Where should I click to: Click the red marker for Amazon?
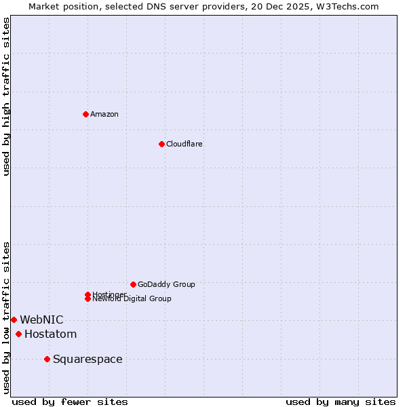pos(85,114)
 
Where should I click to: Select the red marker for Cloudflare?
pos(161,144)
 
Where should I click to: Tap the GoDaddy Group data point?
pos(133,284)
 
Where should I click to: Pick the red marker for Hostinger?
pos(88,294)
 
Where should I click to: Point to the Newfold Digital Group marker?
pos(88,298)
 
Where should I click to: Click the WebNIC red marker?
pos(14,319)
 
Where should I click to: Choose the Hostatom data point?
pos(18,334)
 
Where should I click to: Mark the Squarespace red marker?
pos(47,359)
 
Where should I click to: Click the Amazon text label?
pos(104,114)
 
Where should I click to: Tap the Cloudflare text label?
pos(184,144)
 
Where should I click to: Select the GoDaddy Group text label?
pos(166,284)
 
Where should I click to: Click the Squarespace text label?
pos(88,359)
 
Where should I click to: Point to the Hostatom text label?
pos(50,334)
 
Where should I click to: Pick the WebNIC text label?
pos(41,319)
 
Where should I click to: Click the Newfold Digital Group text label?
pos(132,299)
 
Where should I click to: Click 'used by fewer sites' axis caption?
pos(70,402)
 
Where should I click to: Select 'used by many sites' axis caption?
pos(341,402)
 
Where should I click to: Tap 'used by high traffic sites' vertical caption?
pos(6,96)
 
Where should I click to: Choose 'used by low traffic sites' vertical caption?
pos(6,317)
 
